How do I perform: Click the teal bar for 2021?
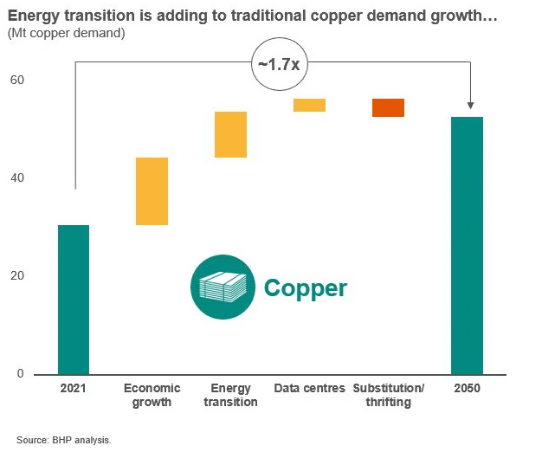[74, 300]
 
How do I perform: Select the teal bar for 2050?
[467, 245]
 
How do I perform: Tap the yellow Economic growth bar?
[152, 191]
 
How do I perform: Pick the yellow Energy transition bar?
[231, 134]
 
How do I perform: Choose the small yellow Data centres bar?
[309, 105]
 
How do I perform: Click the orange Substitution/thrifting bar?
[388, 107]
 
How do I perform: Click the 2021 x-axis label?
[74, 389]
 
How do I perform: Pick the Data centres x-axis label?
[309, 389]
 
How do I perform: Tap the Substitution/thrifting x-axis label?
[388, 395]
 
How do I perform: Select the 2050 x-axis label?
[467, 389]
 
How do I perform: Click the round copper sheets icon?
[223, 287]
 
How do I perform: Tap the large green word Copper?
[305, 288]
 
